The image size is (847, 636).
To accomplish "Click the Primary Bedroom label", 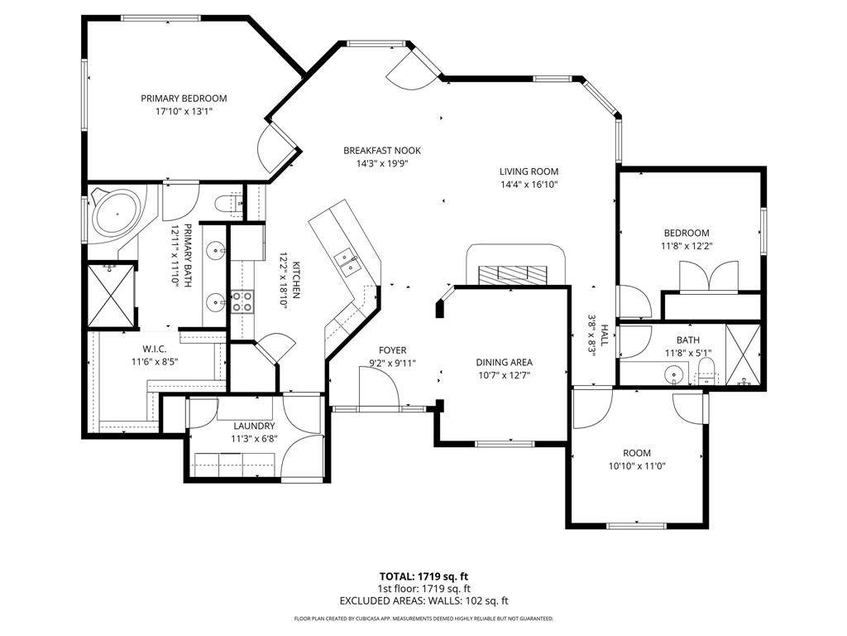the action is [184, 99].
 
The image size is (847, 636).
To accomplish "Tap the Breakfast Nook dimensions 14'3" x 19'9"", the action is [381, 163].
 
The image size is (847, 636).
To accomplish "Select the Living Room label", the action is [529, 171].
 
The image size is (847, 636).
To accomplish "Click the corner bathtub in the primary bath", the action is [117, 215].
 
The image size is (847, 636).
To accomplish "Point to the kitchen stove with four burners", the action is [242, 301].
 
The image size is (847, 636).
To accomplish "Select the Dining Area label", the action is [504, 363].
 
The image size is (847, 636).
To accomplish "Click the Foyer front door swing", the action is [379, 386].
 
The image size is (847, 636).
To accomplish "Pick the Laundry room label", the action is [255, 426].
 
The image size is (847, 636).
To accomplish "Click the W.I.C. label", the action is [155, 349].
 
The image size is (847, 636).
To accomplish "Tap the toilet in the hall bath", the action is [706, 371].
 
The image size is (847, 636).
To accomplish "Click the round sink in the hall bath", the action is [673, 373].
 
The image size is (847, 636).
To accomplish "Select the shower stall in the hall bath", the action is [743, 354].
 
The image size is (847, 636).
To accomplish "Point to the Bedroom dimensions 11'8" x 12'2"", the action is [686, 246].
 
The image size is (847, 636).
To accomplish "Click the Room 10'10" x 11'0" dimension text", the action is [637, 466].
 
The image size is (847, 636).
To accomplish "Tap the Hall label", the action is [604, 335].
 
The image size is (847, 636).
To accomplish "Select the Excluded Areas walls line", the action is [423, 601].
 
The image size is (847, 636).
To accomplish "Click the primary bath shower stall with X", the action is [110, 296].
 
